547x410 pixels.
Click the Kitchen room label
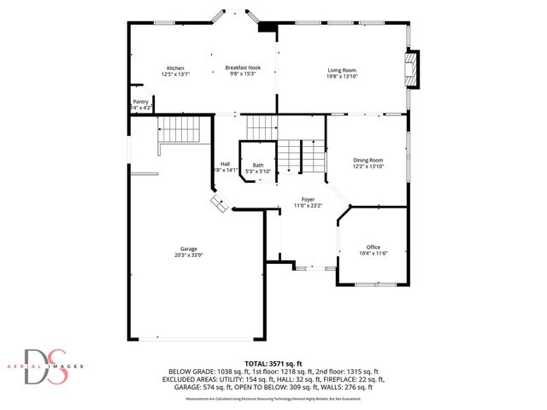175,68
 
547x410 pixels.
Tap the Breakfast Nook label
243,68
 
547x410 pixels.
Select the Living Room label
342,70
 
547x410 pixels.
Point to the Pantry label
140,102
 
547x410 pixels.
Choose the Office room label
373,247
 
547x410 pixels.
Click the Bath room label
257,166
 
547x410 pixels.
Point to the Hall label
225,164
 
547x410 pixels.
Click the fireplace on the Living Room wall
413,70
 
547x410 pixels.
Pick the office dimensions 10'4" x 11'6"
373,254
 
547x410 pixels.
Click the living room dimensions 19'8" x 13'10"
342,77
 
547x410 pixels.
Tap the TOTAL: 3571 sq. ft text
273,362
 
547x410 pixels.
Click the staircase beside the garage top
179,131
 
